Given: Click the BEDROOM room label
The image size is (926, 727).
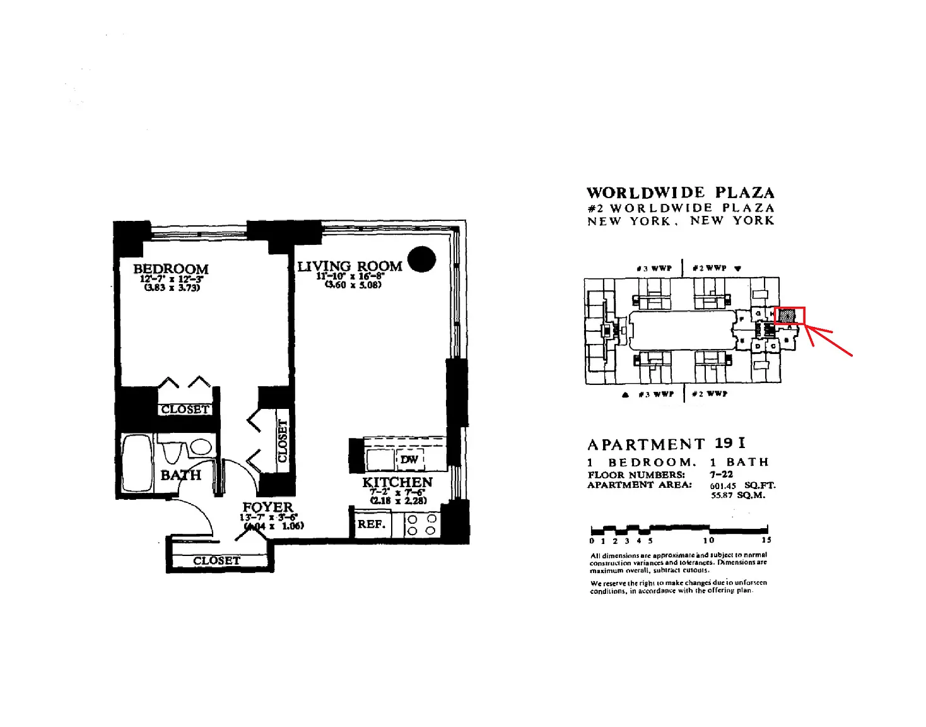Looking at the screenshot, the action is click(170, 269).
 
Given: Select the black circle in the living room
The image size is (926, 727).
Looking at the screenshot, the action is click(421, 259).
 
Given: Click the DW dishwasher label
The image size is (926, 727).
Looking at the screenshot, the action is click(409, 459).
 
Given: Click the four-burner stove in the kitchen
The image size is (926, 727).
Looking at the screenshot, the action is click(421, 524).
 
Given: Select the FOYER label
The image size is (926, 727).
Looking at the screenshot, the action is click(268, 507).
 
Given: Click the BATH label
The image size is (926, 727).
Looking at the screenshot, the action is click(180, 475).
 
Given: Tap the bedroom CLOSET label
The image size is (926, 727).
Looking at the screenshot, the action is click(184, 409).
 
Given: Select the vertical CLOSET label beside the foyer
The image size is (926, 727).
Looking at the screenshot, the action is click(283, 440).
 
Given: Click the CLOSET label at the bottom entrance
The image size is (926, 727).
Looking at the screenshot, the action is click(216, 560).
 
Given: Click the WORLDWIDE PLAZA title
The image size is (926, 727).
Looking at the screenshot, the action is click(680, 193).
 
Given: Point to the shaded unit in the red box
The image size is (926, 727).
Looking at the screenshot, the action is click(787, 316).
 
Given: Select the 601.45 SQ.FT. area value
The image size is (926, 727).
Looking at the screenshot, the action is click(742, 485).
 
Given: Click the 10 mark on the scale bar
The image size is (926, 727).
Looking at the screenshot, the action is click(709, 540).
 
